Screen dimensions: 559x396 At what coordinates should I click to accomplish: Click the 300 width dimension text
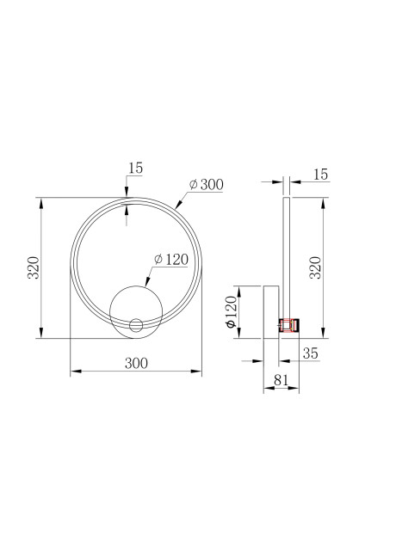[x=136, y=363]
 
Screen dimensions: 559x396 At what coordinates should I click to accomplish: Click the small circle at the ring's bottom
[x=135, y=325]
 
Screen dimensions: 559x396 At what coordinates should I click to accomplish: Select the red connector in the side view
[x=288, y=325]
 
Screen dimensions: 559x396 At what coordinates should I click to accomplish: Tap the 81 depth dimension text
[x=280, y=379]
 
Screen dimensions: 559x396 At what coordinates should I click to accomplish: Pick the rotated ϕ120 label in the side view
[x=231, y=311]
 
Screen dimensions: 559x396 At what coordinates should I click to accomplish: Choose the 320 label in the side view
[x=315, y=268]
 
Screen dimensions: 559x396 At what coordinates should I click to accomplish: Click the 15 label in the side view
[x=320, y=175]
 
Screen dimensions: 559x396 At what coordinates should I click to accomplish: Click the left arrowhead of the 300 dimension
[x=72, y=372]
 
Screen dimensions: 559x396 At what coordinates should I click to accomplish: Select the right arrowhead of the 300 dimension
[x=200, y=372]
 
